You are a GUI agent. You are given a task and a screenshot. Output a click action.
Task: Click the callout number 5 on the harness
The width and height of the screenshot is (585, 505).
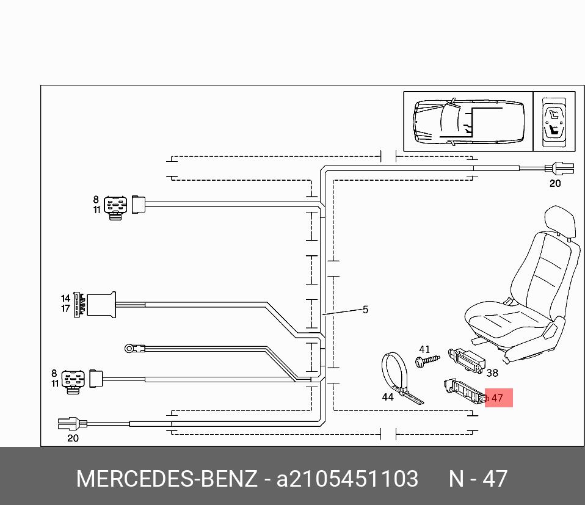click(x=365, y=310)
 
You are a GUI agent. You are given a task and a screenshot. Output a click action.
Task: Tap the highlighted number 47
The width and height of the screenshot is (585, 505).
click(x=497, y=398)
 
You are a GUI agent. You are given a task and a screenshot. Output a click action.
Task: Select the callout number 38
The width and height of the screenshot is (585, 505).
click(x=492, y=372)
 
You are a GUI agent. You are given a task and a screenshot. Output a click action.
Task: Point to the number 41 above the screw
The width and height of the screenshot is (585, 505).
click(x=424, y=349)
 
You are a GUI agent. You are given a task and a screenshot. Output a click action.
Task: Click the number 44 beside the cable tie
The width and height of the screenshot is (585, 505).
click(x=388, y=397)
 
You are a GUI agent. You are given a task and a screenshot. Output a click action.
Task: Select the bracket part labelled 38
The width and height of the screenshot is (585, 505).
click(x=467, y=360)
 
